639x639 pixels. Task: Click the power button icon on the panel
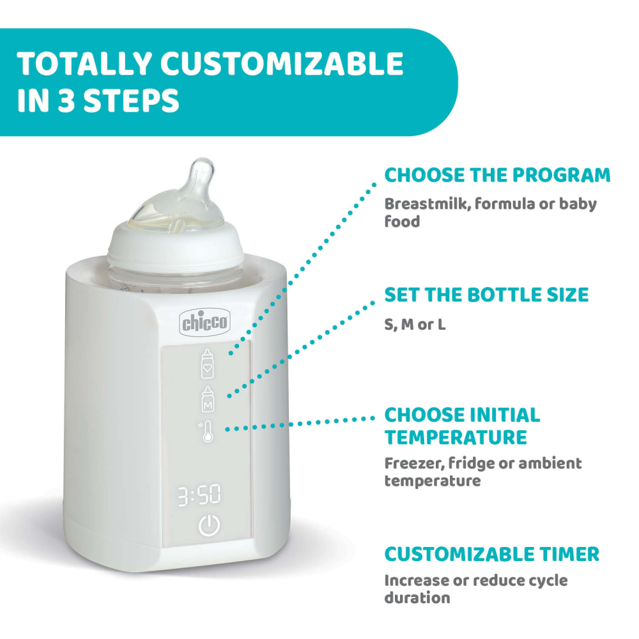(209, 526)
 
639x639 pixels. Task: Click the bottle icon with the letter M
(208, 400)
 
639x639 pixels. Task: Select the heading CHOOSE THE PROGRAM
(497, 174)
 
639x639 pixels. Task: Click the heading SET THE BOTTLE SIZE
(486, 295)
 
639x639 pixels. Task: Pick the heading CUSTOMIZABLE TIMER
(492, 553)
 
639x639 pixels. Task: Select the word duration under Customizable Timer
(417, 599)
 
